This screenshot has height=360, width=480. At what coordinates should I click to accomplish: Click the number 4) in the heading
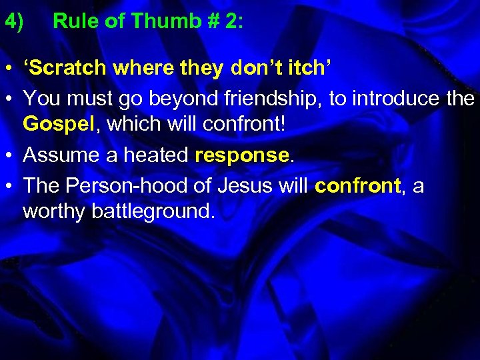click(x=14, y=22)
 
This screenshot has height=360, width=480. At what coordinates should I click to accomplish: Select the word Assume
click(x=60, y=155)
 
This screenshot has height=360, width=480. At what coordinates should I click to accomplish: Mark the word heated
click(x=156, y=155)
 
